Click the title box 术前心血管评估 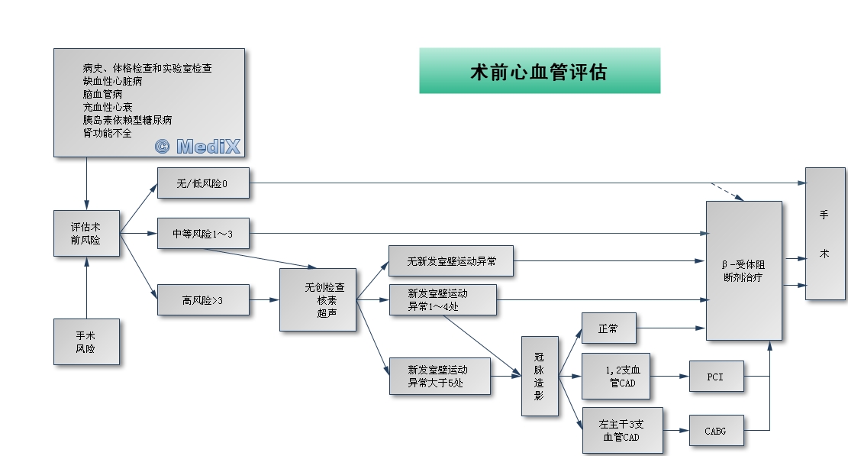click(539, 71)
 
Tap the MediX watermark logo click(198, 146)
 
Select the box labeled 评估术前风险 click(86, 233)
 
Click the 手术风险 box click(86, 341)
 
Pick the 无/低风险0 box click(203, 183)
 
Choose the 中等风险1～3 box click(203, 233)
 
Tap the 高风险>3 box click(203, 300)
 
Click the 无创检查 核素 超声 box click(318, 299)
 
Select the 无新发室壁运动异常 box click(450, 261)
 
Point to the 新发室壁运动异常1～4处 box click(443, 300)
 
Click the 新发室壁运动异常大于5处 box click(440, 376)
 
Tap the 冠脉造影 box click(540, 376)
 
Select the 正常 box click(608, 328)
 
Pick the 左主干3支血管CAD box click(621, 431)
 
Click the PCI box click(716, 376)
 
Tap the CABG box click(716, 431)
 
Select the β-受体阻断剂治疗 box click(743, 270)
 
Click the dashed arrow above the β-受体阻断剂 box click(727, 191)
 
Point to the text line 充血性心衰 click(108, 107)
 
